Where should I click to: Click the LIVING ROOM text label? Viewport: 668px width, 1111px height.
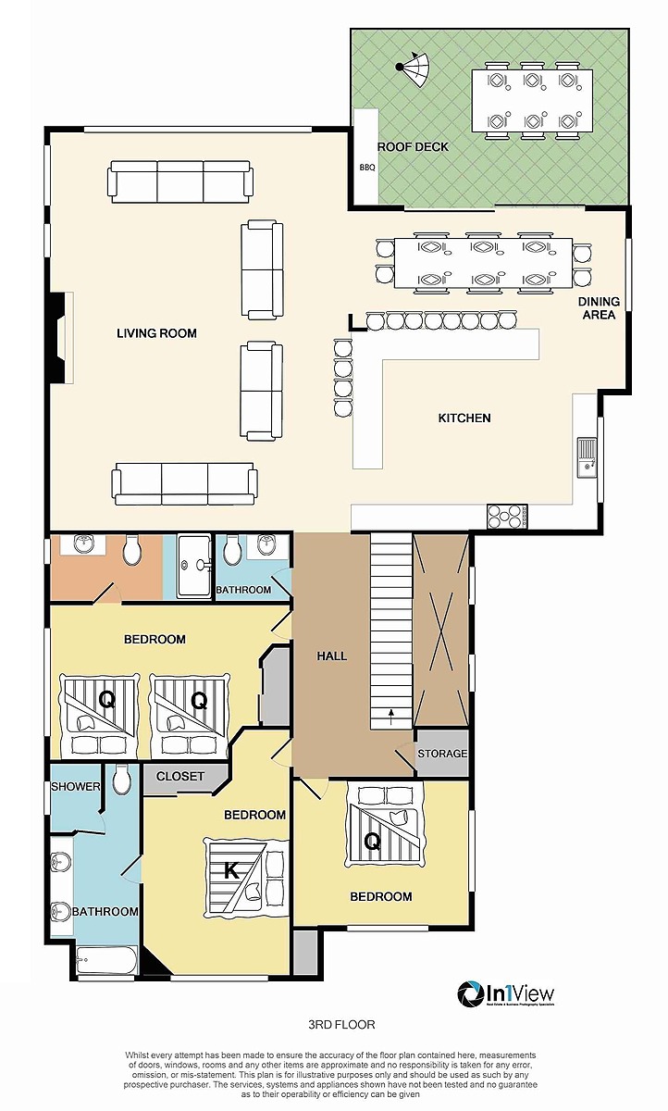[156, 333]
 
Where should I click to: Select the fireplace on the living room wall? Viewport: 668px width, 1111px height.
[58, 337]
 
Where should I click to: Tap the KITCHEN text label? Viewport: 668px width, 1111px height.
[464, 418]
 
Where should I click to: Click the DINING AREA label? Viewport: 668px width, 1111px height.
[598, 308]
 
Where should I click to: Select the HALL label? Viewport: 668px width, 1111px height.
[331, 655]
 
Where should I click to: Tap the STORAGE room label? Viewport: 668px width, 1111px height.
[442, 754]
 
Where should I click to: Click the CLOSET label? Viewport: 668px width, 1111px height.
[180, 776]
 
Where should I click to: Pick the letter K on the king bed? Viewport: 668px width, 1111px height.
[232, 869]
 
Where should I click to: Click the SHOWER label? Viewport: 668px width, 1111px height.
[75, 786]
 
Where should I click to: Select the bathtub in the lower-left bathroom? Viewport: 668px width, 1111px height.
[105, 959]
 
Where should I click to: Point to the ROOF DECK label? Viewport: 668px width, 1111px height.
[412, 146]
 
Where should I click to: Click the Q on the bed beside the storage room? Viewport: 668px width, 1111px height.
[372, 842]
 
